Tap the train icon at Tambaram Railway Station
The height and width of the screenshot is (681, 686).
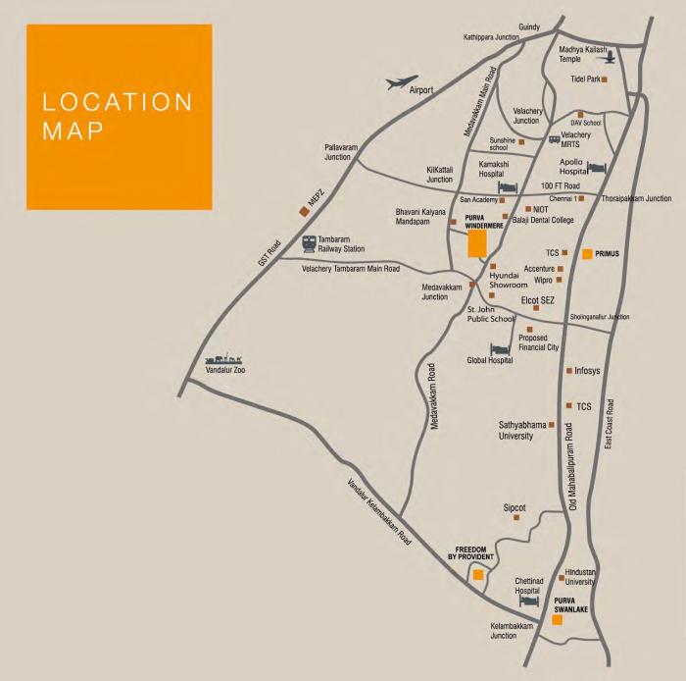point(309,243)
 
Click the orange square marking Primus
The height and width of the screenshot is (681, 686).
point(587,253)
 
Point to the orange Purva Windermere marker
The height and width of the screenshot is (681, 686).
point(477,243)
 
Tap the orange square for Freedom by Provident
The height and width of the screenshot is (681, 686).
point(478,574)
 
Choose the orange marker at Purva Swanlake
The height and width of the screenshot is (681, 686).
point(557,619)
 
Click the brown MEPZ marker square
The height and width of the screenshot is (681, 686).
point(305,209)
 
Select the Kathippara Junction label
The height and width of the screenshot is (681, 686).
point(491,37)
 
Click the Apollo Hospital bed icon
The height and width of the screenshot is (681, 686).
point(596,168)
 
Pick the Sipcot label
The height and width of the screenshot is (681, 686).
point(514,507)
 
